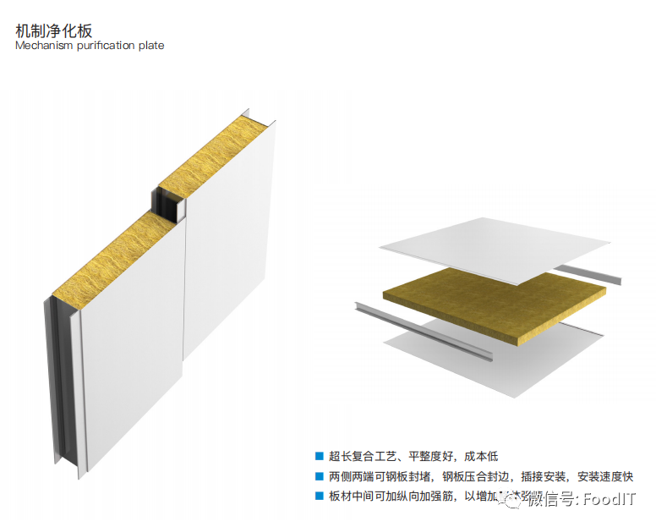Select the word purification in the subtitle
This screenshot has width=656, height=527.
[107, 45]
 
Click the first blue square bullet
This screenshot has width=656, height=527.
[319, 455]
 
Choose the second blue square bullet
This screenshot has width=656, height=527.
[319, 475]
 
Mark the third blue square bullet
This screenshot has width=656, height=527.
[319, 496]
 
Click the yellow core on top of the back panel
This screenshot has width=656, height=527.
[216, 156]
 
